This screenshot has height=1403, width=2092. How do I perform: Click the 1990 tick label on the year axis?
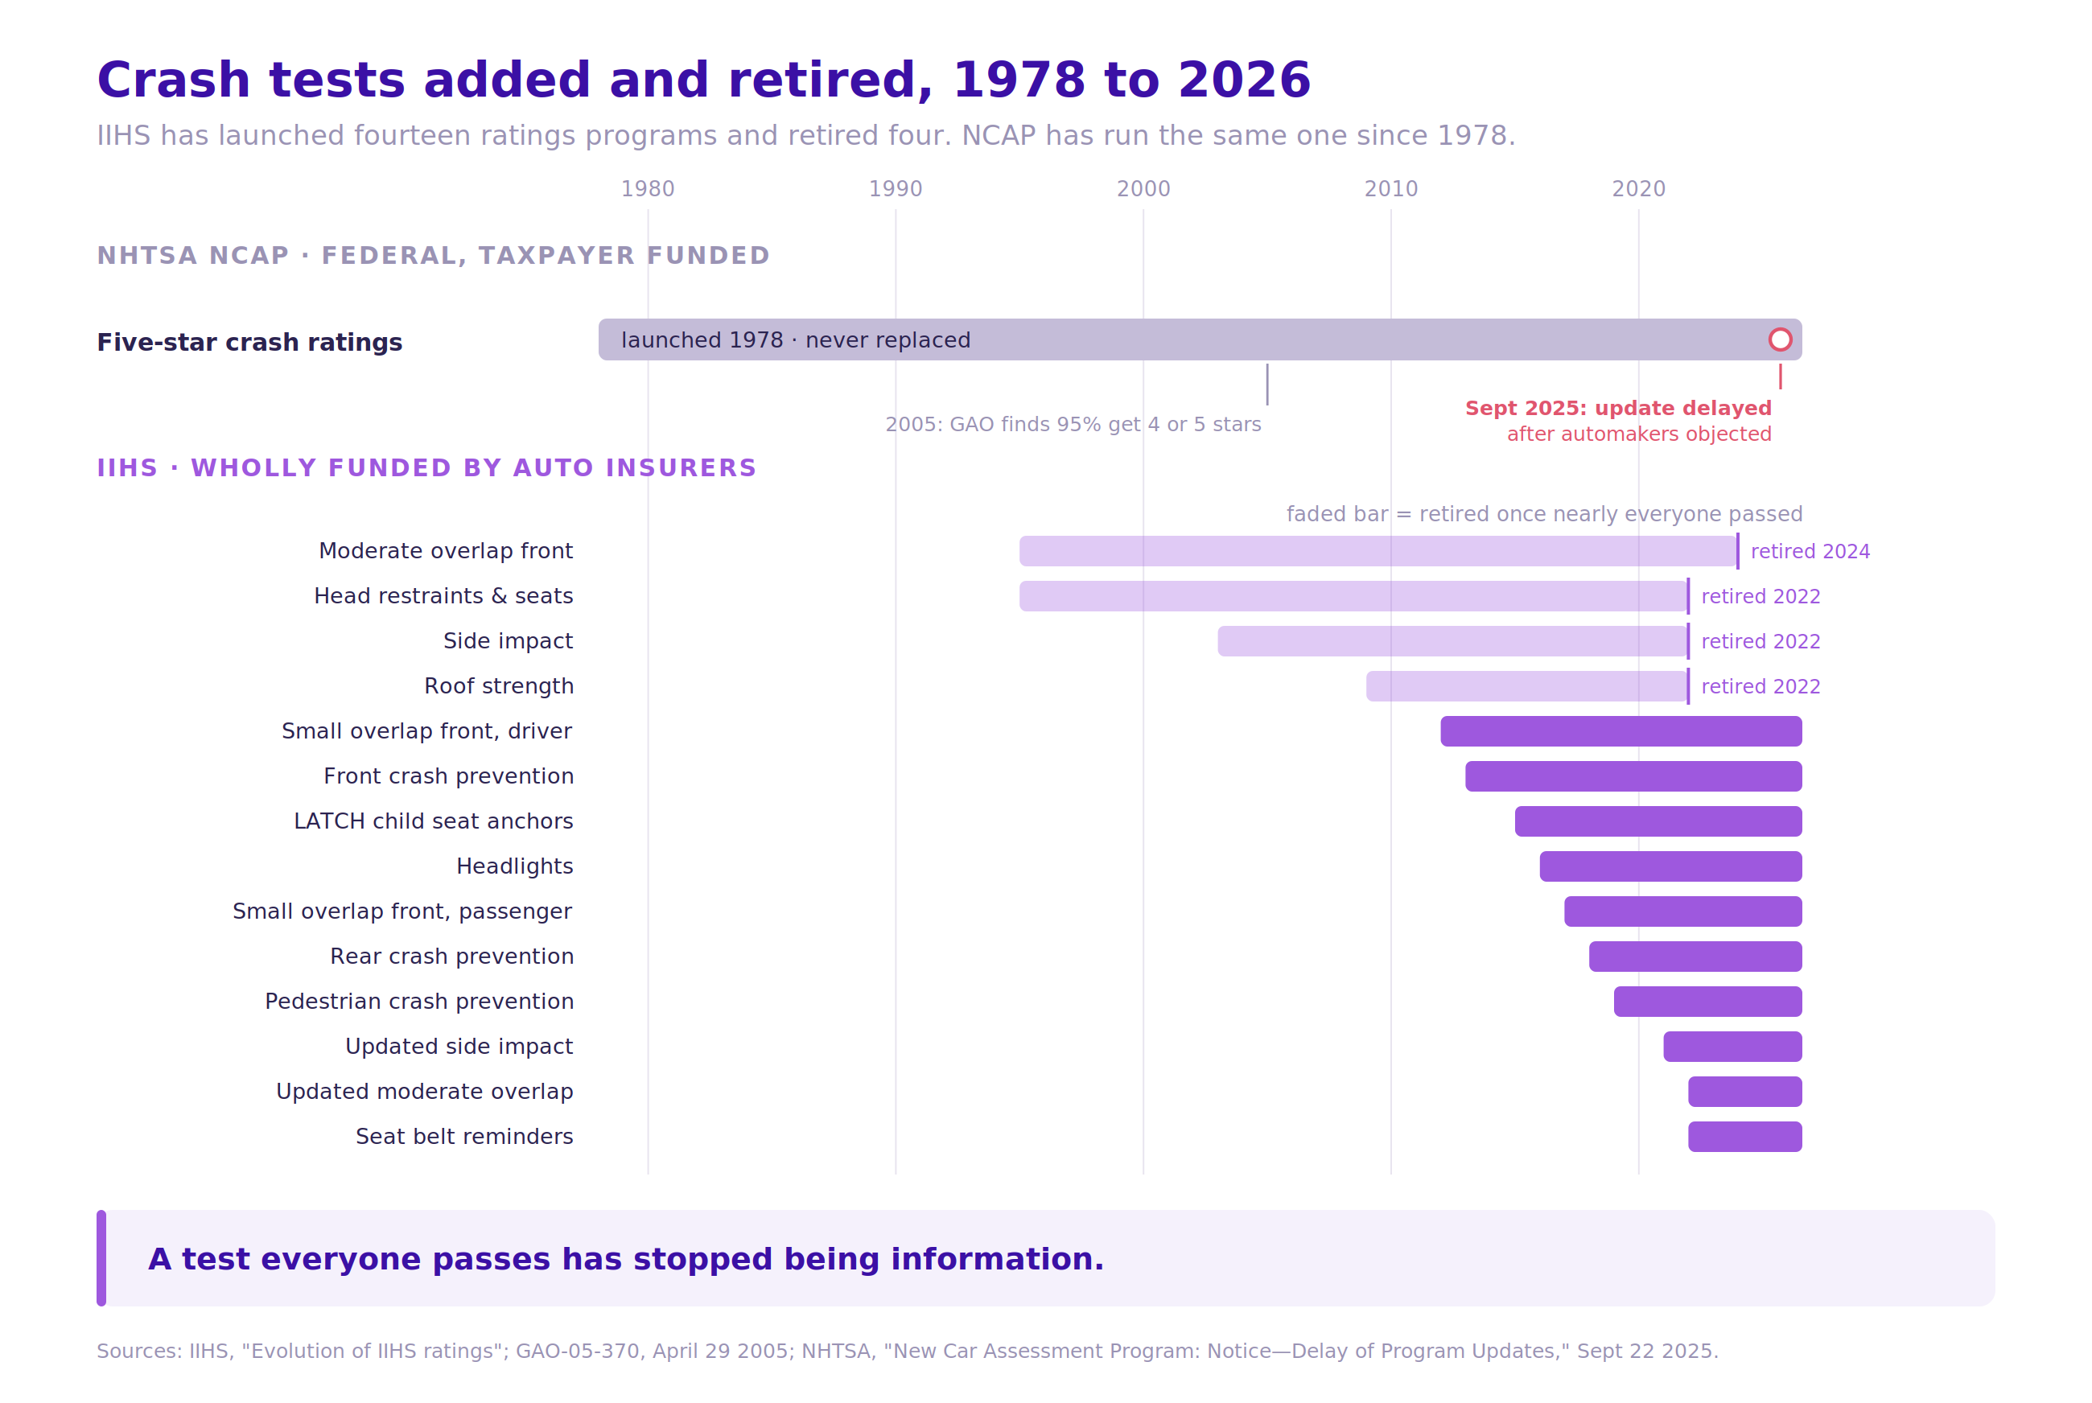tap(895, 189)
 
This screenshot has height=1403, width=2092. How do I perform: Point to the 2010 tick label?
tap(1390, 189)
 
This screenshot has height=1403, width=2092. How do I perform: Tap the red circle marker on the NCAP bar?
tap(1780, 340)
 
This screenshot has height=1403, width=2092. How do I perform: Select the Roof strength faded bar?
tap(1526, 686)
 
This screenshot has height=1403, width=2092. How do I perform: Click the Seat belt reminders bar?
tap(1745, 1137)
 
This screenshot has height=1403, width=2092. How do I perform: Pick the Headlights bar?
tap(1670, 866)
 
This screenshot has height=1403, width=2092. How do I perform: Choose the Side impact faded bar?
tap(1452, 641)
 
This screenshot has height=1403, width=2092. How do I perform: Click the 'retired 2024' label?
tap(1810, 551)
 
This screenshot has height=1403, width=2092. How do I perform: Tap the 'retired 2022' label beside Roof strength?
tap(1761, 686)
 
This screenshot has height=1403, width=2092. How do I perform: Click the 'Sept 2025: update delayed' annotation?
tap(1618, 408)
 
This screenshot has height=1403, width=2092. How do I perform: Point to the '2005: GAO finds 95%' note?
tap(1073, 424)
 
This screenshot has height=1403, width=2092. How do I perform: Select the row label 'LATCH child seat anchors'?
tap(433, 821)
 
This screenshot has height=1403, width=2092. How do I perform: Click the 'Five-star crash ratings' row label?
tap(249, 343)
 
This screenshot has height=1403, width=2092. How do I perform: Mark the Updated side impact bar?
tap(1732, 1047)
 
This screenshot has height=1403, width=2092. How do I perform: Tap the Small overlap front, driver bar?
tap(1621, 731)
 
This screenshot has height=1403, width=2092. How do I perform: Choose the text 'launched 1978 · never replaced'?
tap(796, 340)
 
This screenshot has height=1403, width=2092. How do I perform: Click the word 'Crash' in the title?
tap(174, 80)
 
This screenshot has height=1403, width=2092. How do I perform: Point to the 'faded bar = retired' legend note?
tap(1544, 513)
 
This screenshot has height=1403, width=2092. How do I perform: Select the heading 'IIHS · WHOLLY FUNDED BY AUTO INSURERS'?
tap(426, 468)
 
